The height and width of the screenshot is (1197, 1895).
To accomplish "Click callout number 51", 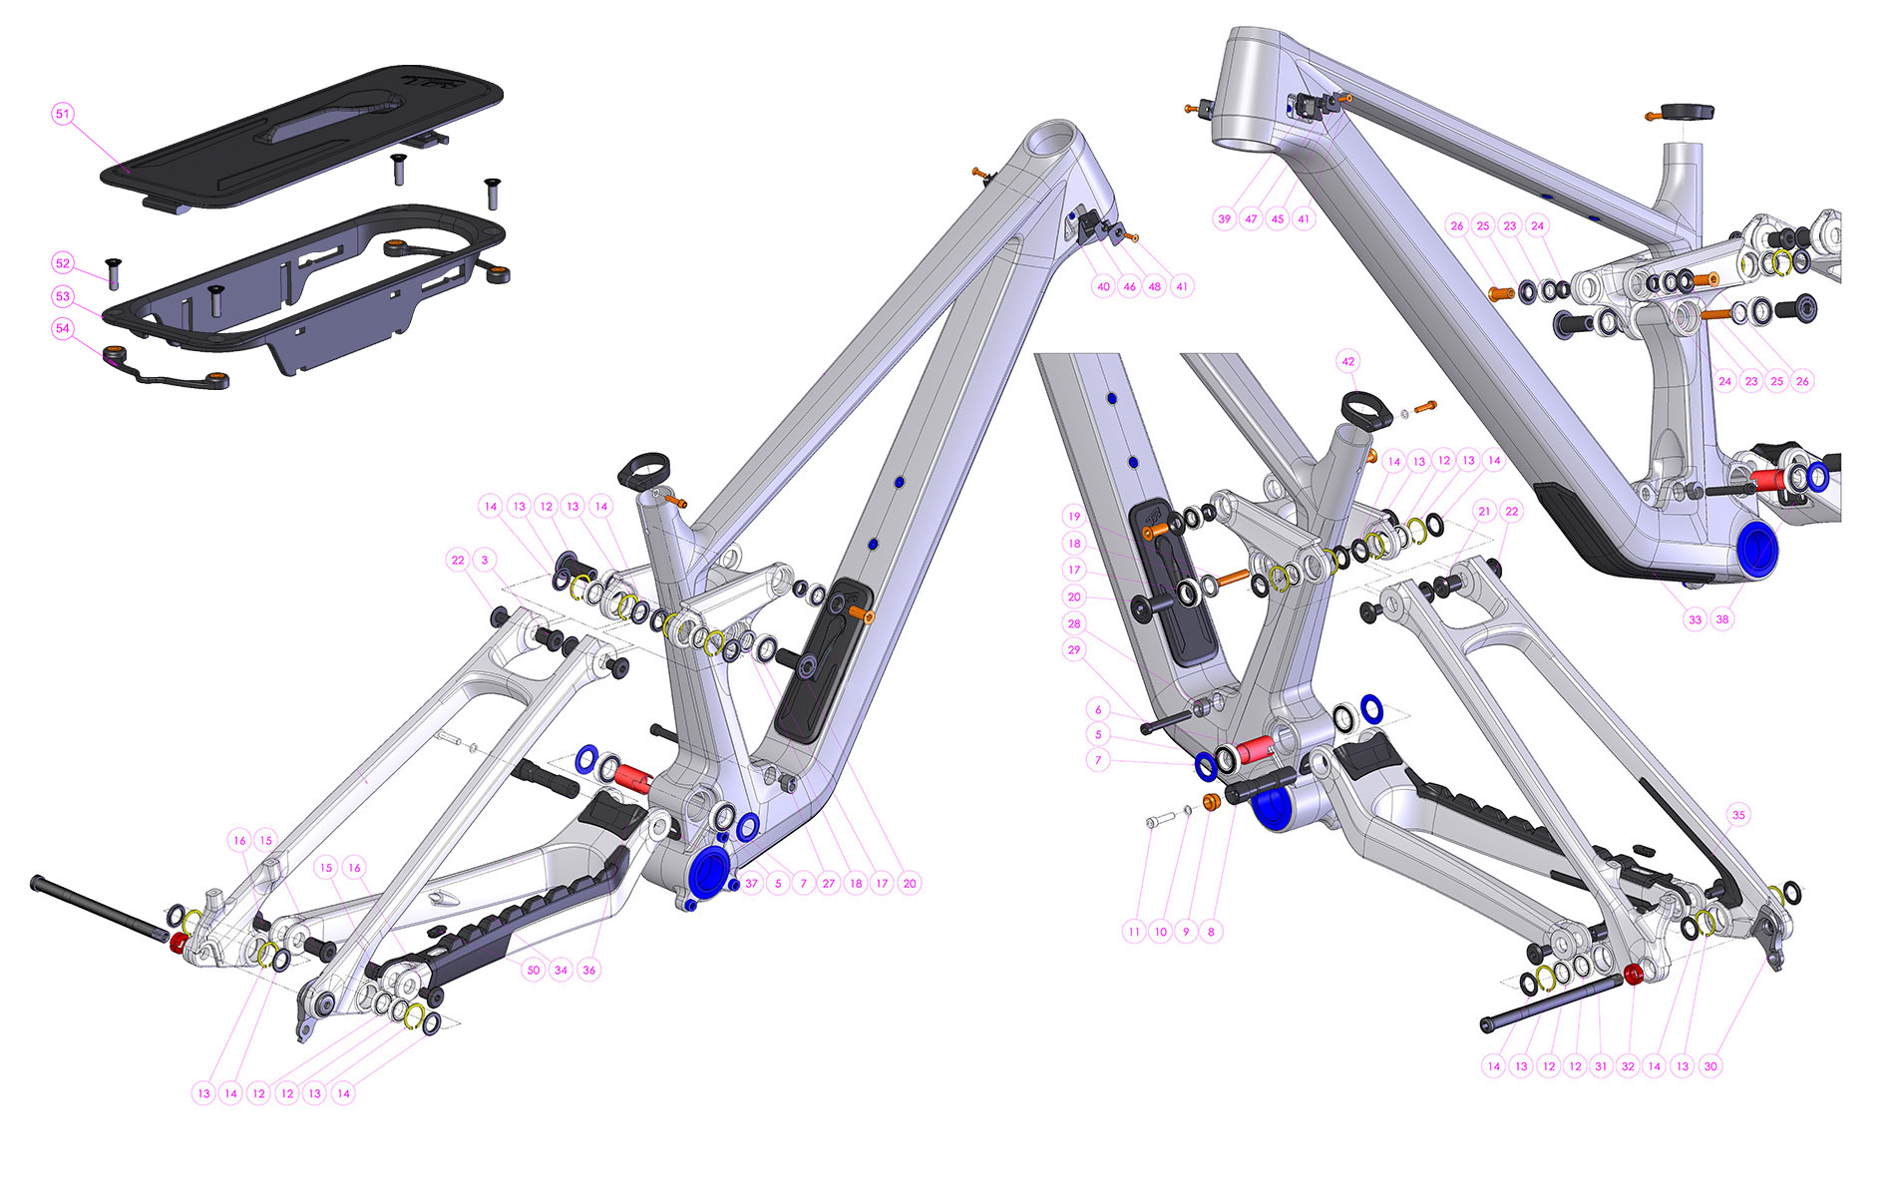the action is tap(63, 114).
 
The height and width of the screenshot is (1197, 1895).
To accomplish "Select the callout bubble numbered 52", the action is tap(63, 263).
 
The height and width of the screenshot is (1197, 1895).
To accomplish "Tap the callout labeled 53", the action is tap(63, 296).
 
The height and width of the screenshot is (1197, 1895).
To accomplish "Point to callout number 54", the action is tap(63, 328).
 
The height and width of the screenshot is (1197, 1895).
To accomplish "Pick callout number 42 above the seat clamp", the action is tap(1348, 361).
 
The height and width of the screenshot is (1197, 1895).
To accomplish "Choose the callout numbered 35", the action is tap(1738, 815).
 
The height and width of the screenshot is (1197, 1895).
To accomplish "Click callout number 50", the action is tap(534, 970).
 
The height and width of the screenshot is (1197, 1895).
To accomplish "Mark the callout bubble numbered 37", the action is tap(752, 883).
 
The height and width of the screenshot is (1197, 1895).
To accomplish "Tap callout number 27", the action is tap(829, 883).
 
